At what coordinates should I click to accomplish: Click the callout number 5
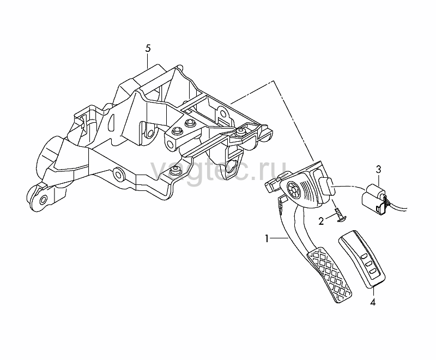tap(148, 49)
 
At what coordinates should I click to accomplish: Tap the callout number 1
tap(267, 238)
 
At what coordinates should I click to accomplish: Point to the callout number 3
tap(378, 169)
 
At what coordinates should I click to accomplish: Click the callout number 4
tap(373, 302)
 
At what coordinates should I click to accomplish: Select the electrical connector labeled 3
tap(374, 197)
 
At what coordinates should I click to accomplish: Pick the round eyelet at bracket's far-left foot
tap(43, 200)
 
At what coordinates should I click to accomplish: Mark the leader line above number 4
tap(373, 292)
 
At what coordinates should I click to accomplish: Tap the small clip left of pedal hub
tap(272, 185)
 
